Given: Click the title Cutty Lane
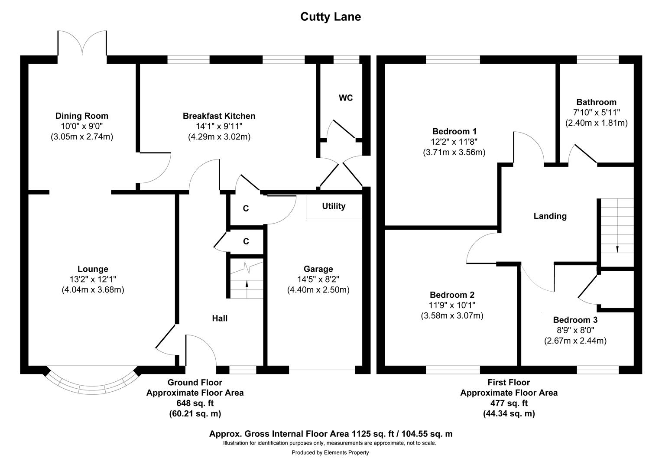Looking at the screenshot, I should [x=331, y=17].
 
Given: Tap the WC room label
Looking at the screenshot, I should [x=345, y=98].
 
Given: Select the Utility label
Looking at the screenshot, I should [x=334, y=206].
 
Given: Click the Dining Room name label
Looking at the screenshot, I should [x=81, y=116].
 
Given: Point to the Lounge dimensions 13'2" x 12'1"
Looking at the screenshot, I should [x=93, y=279].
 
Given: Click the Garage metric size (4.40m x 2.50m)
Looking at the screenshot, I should [x=318, y=290].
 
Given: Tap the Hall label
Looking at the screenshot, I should [x=220, y=318].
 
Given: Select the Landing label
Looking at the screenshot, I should [x=550, y=216].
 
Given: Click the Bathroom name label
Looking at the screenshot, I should [x=596, y=102].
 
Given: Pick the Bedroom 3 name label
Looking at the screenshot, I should [x=575, y=320].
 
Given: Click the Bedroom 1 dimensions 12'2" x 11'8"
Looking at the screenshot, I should [x=454, y=142].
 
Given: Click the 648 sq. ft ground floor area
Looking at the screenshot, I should [x=195, y=403].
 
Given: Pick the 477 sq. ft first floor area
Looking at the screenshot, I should [x=509, y=403].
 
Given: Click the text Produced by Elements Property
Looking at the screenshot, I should [x=330, y=453].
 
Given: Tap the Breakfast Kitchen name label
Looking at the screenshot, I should [x=219, y=116].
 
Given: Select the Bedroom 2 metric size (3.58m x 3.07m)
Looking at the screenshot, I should [x=452, y=316].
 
